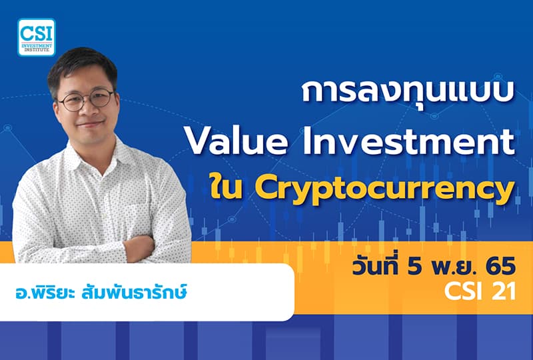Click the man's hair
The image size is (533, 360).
click(81, 63)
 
